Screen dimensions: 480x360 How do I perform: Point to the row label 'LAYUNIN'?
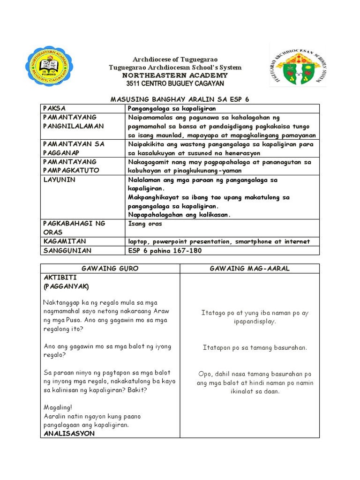click(59, 180)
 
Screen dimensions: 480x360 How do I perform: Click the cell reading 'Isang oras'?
click(145, 224)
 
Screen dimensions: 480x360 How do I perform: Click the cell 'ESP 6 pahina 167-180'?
click(163, 250)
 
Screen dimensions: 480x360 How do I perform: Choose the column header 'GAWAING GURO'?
click(110, 269)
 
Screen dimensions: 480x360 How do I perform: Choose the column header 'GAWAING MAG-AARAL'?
click(249, 269)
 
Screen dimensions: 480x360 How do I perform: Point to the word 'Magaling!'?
click(58, 407)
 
